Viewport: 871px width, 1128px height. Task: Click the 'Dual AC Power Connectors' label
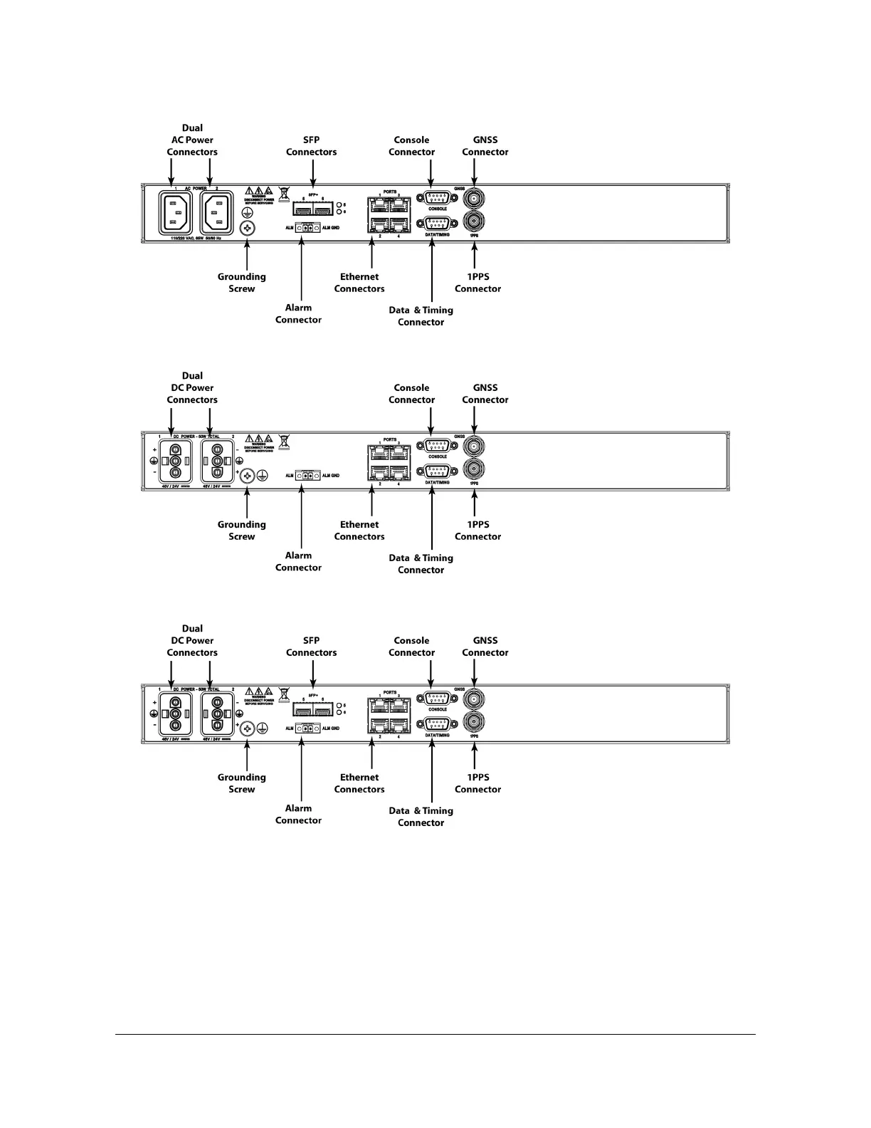[192, 140]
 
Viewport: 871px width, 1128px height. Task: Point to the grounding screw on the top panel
[248, 228]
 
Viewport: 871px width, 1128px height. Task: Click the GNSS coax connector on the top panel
[474, 197]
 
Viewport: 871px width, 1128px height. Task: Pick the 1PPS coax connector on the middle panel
[474, 469]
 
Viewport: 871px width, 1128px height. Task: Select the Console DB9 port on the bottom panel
[437, 699]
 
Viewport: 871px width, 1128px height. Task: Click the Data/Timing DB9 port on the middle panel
[437, 471]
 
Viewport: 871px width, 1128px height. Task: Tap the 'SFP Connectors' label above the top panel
[311, 146]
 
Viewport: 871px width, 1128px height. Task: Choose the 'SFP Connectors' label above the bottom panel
[311, 647]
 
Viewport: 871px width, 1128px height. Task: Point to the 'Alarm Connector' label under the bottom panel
[298, 814]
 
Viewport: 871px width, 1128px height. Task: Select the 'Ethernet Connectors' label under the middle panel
[359, 531]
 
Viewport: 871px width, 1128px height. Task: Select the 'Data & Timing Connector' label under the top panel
[421, 316]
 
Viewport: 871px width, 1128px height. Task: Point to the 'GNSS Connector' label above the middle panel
[485, 394]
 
